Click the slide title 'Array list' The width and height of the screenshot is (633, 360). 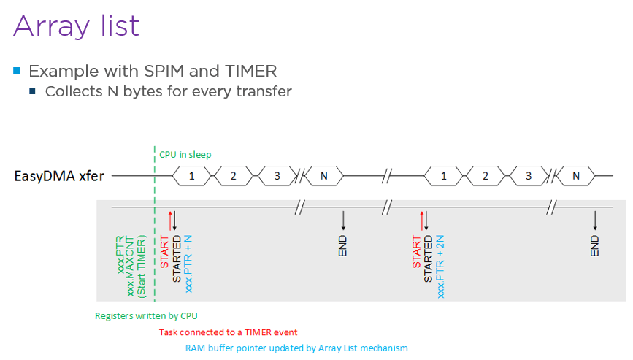click(77, 26)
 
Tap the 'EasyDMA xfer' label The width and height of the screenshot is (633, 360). click(58, 176)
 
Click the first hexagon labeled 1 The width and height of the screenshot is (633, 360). click(192, 176)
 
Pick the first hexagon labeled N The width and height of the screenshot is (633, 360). click(324, 176)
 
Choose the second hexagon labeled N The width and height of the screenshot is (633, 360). click(576, 176)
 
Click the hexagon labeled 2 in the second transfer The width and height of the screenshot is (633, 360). click(486, 176)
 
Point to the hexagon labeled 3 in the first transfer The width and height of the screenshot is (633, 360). click(277, 176)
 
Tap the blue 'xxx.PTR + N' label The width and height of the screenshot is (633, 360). click(189, 264)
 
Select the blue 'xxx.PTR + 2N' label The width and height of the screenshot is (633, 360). click(441, 267)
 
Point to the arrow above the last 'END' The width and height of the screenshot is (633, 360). click(595, 220)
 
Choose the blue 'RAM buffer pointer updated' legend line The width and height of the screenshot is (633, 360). click(296, 348)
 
